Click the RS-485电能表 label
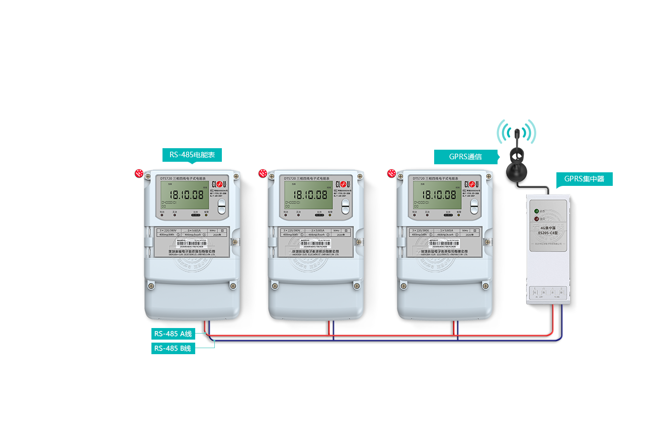click(x=192, y=155)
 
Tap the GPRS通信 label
click(x=465, y=157)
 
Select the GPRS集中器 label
click(x=584, y=179)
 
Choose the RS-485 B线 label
click(x=173, y=348)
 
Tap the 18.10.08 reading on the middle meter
click(x=310, y=194)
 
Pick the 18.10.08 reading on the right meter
click(x=439, y=194)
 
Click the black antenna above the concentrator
click(x=516, y=156)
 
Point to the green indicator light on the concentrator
click(x=536, y=211)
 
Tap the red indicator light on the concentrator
click(x=536, y=219)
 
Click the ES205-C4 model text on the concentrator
click(x=548, y=233)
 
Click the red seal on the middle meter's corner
click(x=263, y=173)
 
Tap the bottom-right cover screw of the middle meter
click(x=357, y=286)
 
